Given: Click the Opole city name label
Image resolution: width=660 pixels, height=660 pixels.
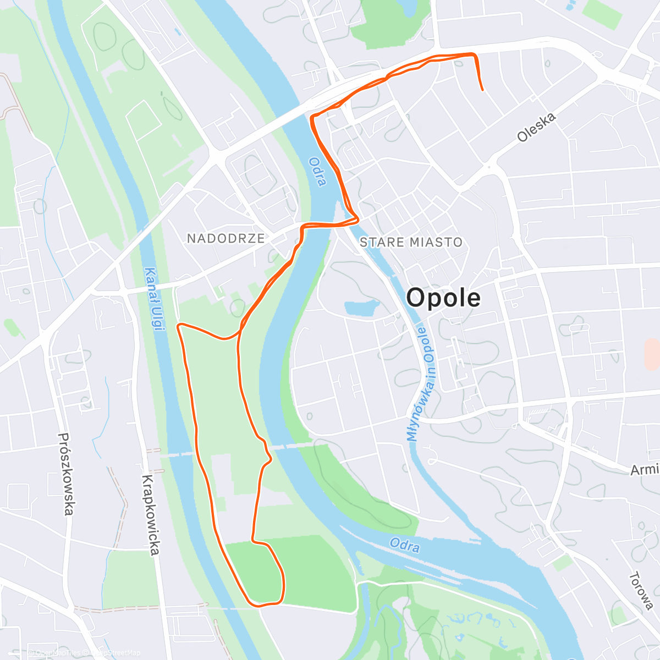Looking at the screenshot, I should pos(443,298).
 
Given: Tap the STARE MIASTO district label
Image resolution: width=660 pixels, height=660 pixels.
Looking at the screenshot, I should pos(411,242).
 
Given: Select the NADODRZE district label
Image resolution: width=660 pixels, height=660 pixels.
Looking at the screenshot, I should pos(226,238).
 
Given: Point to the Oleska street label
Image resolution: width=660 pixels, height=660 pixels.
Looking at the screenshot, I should pos(536,127).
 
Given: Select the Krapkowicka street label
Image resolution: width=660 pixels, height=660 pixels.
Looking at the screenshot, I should pos(151,514).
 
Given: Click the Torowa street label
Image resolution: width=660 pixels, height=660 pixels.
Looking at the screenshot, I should pos(641,591).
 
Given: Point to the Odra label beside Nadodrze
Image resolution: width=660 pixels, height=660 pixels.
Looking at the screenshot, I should pos(317,172).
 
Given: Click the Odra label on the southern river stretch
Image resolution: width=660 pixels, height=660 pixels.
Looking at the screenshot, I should pos(405,546).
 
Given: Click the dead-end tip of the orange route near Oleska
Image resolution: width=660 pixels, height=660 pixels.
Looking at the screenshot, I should pos(482,90).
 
